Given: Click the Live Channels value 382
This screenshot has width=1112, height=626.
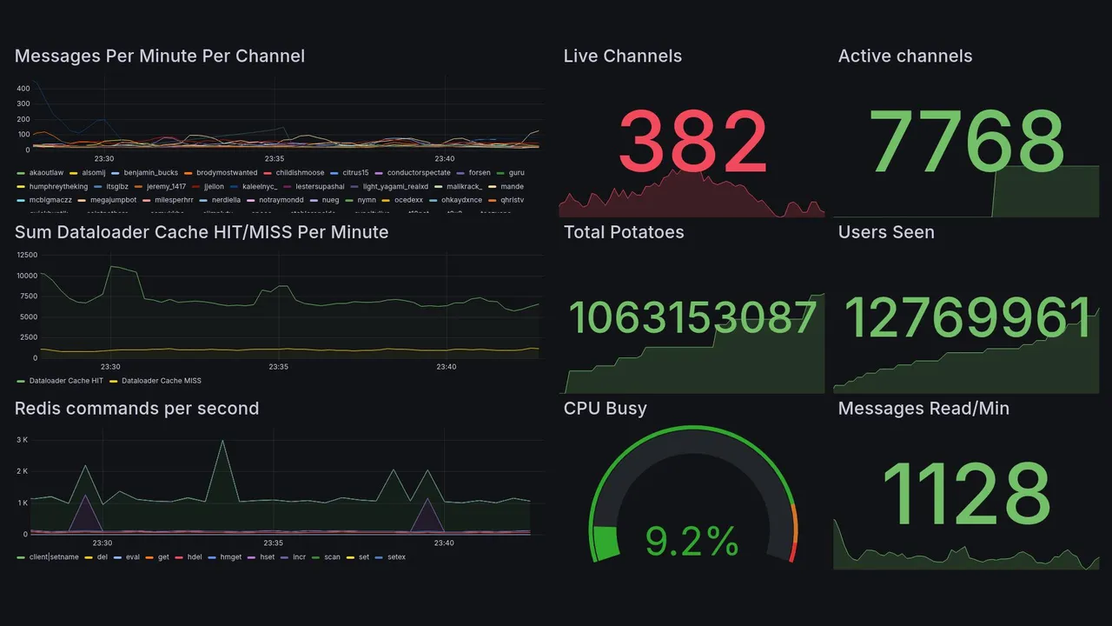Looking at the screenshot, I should tap(692, 143).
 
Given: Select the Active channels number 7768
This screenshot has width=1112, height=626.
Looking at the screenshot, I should tap(966, 143).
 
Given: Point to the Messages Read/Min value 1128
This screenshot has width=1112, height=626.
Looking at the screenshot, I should tap(966, 494).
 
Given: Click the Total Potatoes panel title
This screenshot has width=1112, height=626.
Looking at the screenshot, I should tap(624, 232).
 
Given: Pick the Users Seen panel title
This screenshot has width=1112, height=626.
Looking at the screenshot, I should tap(886, 232).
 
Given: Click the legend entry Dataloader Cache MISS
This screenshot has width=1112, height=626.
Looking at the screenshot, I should tap(161, 381).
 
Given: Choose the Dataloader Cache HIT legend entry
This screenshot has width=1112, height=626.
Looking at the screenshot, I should tap(66, 381).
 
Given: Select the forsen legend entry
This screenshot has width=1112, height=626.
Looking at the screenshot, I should tap(479, 173).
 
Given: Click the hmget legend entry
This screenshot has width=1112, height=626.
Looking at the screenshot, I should tap(231, 557).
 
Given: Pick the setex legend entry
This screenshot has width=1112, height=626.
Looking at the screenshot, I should tap(396, 557).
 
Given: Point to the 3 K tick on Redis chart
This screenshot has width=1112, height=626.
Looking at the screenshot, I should tap(23, 440).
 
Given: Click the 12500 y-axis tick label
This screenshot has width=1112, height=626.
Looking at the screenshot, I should tap(27, 255).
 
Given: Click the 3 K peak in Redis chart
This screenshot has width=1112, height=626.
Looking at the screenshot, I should tap(223, 441).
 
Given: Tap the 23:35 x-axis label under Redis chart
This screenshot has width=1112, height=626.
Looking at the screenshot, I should tap(273, 543).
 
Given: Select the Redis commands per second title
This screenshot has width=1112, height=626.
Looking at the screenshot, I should tap(136, 409).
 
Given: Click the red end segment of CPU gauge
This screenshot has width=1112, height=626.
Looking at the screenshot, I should tap(791, 552).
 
